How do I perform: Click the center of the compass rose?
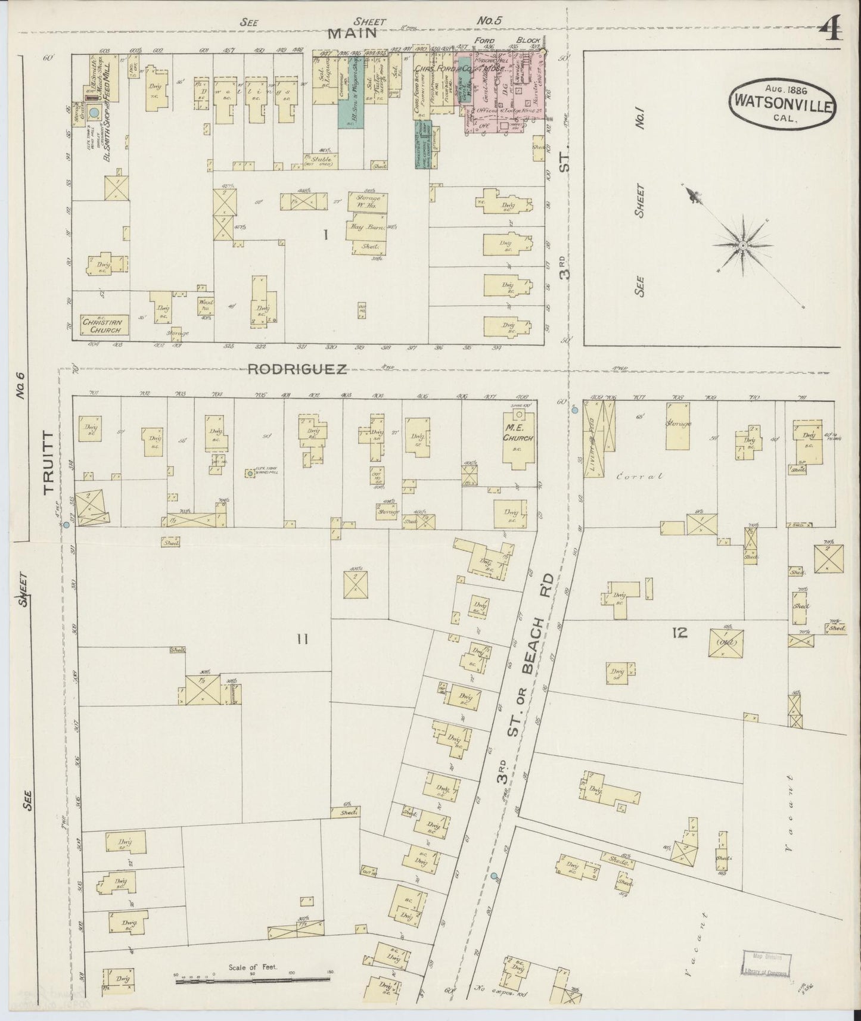[x=744, y=245]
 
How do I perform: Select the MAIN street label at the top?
[x=355, y=33]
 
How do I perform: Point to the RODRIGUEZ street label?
[x=297, y=369]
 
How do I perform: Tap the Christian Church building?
[x=103, y=325]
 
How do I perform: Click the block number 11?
[x=302, y=640]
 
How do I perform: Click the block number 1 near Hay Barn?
[x=325, y=235]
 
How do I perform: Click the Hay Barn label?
[x=365, y=228]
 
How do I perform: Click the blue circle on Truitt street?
[x=67, y=525]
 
